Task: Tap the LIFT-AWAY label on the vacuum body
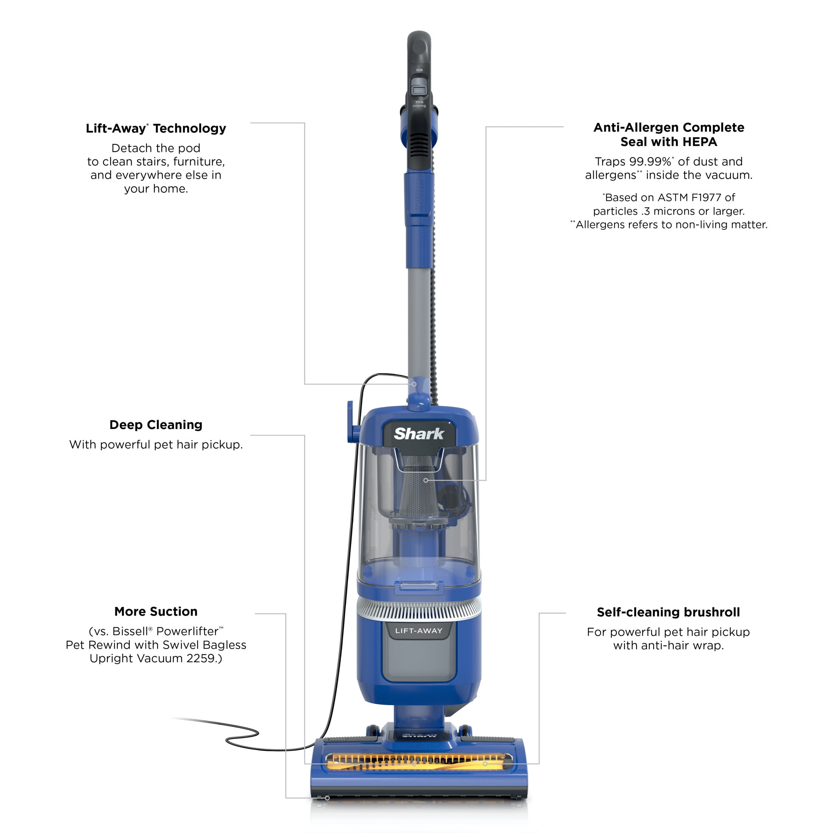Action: click(419, 630)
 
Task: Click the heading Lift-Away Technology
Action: click(156, 128)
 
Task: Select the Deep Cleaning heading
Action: click(156, 425)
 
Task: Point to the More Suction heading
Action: click(156, 611)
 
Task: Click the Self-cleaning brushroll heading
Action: click(668, 612)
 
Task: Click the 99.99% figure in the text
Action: click(650, 162)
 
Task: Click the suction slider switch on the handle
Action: click(418, 90)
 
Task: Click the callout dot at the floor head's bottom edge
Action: click(327, 798)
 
